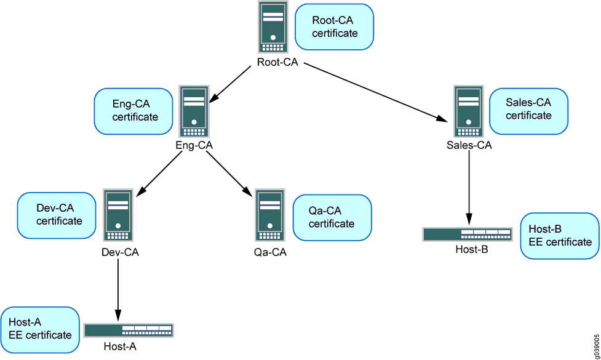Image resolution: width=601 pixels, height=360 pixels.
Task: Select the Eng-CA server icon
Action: [194, 112]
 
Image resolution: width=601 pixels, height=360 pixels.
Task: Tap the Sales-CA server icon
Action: [469, 112]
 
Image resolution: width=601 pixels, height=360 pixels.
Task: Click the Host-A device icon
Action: [129, 330]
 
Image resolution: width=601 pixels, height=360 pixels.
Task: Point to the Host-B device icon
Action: [467, 234]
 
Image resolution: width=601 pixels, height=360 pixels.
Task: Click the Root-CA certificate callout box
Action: [335, 27]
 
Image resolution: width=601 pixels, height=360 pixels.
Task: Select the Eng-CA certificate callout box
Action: [133, 111]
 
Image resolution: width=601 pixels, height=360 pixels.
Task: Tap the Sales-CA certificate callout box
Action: [528, 111]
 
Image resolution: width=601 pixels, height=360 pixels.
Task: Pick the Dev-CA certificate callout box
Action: [57, 215]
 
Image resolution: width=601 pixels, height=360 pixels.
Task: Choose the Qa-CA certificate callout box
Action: [332, 217]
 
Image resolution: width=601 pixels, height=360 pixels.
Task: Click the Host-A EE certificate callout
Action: [40, 329]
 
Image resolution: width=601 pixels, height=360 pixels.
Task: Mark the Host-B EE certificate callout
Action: [559, 235]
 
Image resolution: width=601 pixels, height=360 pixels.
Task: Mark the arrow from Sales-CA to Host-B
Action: [469, 188]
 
